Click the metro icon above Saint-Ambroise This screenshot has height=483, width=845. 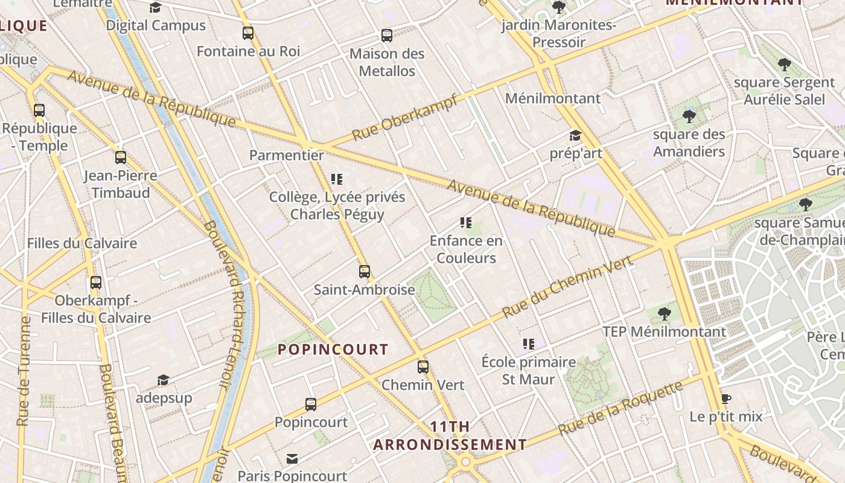[364, 272]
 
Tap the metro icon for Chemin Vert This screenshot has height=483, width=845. [423, 366]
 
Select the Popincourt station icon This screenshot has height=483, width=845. [311, 404]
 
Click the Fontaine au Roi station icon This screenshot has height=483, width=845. [247, 33]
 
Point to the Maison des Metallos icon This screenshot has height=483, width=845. [387, 36]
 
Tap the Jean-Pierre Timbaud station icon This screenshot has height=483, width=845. [121, 158]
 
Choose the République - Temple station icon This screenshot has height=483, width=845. [39, 110]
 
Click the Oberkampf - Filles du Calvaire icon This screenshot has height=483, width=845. [95, 282]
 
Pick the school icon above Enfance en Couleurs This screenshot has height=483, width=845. [465, 223]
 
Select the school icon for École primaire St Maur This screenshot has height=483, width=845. [529, 344]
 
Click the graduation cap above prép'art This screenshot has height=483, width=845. [575, 135]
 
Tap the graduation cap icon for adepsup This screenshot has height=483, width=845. [163, 380]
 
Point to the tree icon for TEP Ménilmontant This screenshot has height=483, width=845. [664, 313]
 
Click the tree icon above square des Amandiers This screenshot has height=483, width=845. [689, 116]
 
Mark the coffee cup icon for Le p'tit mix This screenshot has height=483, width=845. [725, 399]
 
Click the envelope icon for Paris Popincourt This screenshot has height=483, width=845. [292, 459]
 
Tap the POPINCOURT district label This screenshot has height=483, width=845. [333, 350]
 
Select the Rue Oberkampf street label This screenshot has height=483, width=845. [404, 118]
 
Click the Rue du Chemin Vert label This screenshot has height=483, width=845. [567, 286]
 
